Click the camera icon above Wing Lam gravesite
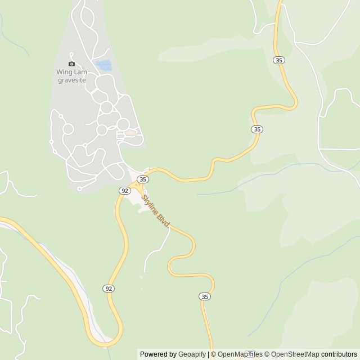71,64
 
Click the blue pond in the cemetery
103,66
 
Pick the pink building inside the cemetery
130,133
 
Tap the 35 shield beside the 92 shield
143,179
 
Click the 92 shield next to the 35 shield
125,191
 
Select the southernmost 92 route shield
109,289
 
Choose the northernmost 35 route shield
279,60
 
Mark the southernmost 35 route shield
205,296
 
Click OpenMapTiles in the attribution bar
240,354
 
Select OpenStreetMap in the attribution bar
296,354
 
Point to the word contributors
339,354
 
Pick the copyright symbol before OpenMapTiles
213,354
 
